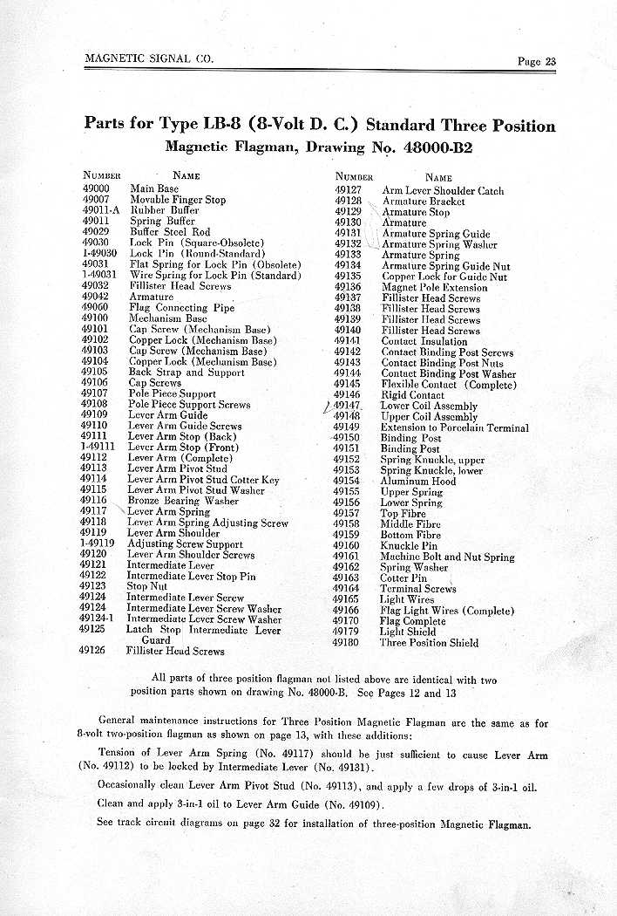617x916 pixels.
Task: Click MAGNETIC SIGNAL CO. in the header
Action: (149, 59)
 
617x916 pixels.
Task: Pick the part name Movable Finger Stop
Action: (178, 200)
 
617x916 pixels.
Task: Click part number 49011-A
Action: (100, 210)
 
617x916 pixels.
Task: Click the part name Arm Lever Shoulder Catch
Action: (443, 190)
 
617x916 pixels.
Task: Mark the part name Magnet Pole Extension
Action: (434, 287)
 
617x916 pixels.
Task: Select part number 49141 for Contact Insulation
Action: (347, 341)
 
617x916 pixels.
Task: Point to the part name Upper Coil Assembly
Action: (429, 417)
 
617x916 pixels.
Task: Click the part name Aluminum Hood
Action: (418, 481)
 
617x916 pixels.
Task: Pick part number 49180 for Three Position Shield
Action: (346, 642)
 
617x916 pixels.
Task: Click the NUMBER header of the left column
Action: (101, 175)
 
